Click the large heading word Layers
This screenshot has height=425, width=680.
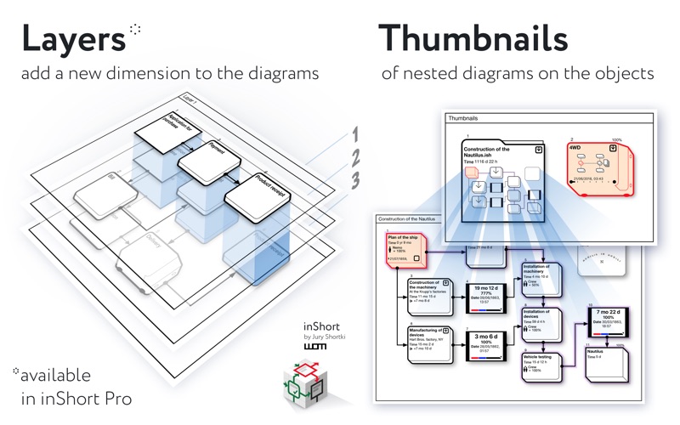pyautogui.click(x=72, y=38)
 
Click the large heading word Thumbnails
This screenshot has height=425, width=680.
pyautogui.click(x=473, y=38)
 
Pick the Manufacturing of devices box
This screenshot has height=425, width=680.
pyautogui.click(x=427, y=344)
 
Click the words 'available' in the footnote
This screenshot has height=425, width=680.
pyautogui.click(x=57, y=375)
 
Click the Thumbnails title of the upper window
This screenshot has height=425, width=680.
pyautogui.click(x=464, y=119)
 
